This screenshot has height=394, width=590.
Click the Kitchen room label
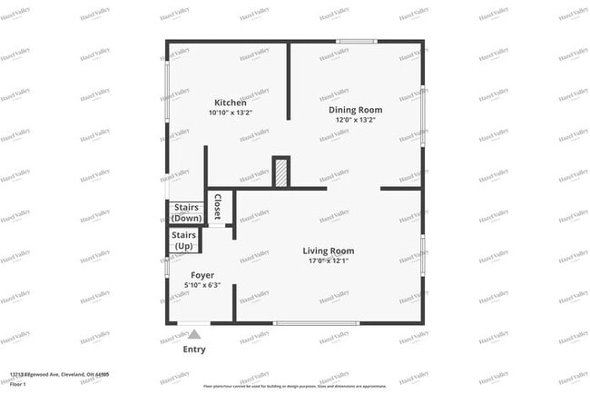pos(230,103)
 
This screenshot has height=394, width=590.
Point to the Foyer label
pos(202,275)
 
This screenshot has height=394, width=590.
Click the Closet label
pos(218,208)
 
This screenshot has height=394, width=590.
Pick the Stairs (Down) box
pos(186,213)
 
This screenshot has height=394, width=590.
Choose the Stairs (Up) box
pos(184,241)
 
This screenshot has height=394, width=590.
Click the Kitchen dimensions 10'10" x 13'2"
pos(230,113)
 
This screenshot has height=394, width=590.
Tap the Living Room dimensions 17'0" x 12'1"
pos(329,261)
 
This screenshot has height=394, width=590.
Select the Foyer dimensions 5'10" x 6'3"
pos(202,285)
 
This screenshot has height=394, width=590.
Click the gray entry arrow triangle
pos(194,334)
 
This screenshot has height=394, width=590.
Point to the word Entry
pos(194,350)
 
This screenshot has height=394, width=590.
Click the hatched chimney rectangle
pos(281,172)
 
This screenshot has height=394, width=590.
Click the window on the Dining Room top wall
pos(357,41)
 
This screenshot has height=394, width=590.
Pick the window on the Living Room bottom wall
pos(316,323)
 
